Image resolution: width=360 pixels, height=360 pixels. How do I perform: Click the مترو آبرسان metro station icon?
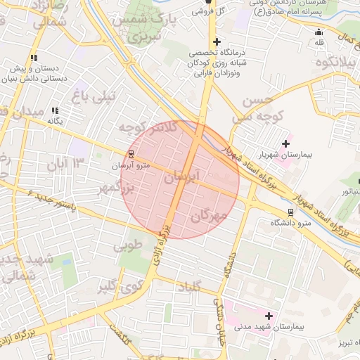[x=131, y=155]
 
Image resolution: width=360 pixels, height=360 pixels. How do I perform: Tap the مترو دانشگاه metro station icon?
[x=291, y=212]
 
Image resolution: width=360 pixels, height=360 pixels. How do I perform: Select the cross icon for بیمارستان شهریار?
[x=285, y=144]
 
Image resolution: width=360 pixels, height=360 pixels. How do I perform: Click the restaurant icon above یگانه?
[x=55, y=110]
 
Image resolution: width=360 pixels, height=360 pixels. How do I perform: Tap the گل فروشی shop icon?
[x=208, y=2]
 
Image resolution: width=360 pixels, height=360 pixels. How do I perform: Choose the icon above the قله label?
[x=319, y=31]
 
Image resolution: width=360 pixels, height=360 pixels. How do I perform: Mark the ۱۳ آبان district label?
[x=65, y=164]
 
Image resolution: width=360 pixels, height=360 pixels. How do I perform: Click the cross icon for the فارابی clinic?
[x=217, y=42]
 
